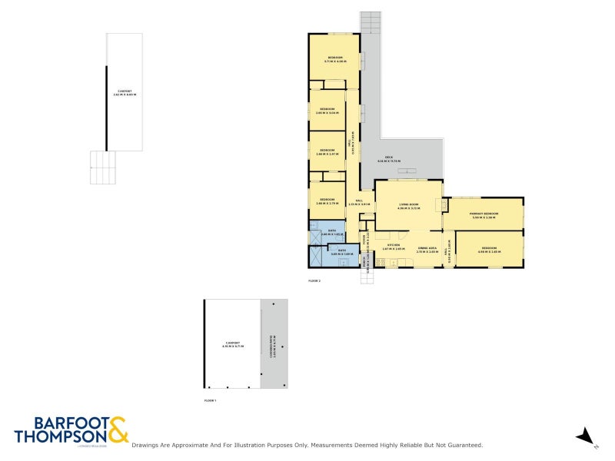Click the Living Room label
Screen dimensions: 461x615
tap(407, 206)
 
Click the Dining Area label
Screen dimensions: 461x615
tap(427, 249)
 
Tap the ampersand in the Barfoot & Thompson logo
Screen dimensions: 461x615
tap(118, 430)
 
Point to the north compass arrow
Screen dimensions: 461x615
tap(585, 435)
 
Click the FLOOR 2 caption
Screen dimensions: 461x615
tap(314, 281)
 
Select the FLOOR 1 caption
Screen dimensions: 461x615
tap(210, 401)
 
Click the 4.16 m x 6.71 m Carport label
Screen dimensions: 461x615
tap(232, 344)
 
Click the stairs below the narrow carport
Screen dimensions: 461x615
tap(103, 167)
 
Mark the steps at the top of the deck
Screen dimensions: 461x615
tap(371, 22)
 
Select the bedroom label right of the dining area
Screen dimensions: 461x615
tap(490, 249)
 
